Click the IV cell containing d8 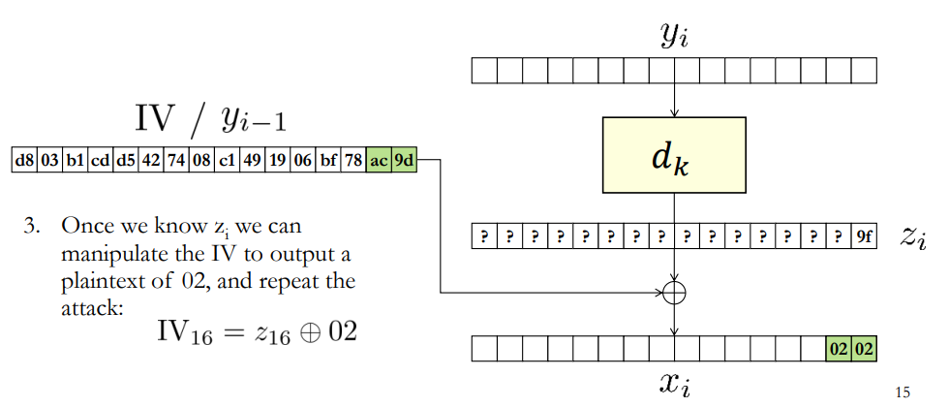click(24, 161)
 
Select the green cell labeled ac click(379, 161)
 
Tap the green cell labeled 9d click(405, 161)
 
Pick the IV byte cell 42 click(151, 161)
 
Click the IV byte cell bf click(328, 161)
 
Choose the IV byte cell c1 click(227, 161)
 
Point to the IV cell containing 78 click(353, 161)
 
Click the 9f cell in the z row click(864, 236)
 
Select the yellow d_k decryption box click(674, 155)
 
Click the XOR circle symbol click(674, 293)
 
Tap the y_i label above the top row click(675, 38)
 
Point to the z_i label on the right click(912, 237)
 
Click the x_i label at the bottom click(674, 384)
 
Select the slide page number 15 click(902, 392)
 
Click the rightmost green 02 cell click(864, 350)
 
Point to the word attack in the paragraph click(92, 309)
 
